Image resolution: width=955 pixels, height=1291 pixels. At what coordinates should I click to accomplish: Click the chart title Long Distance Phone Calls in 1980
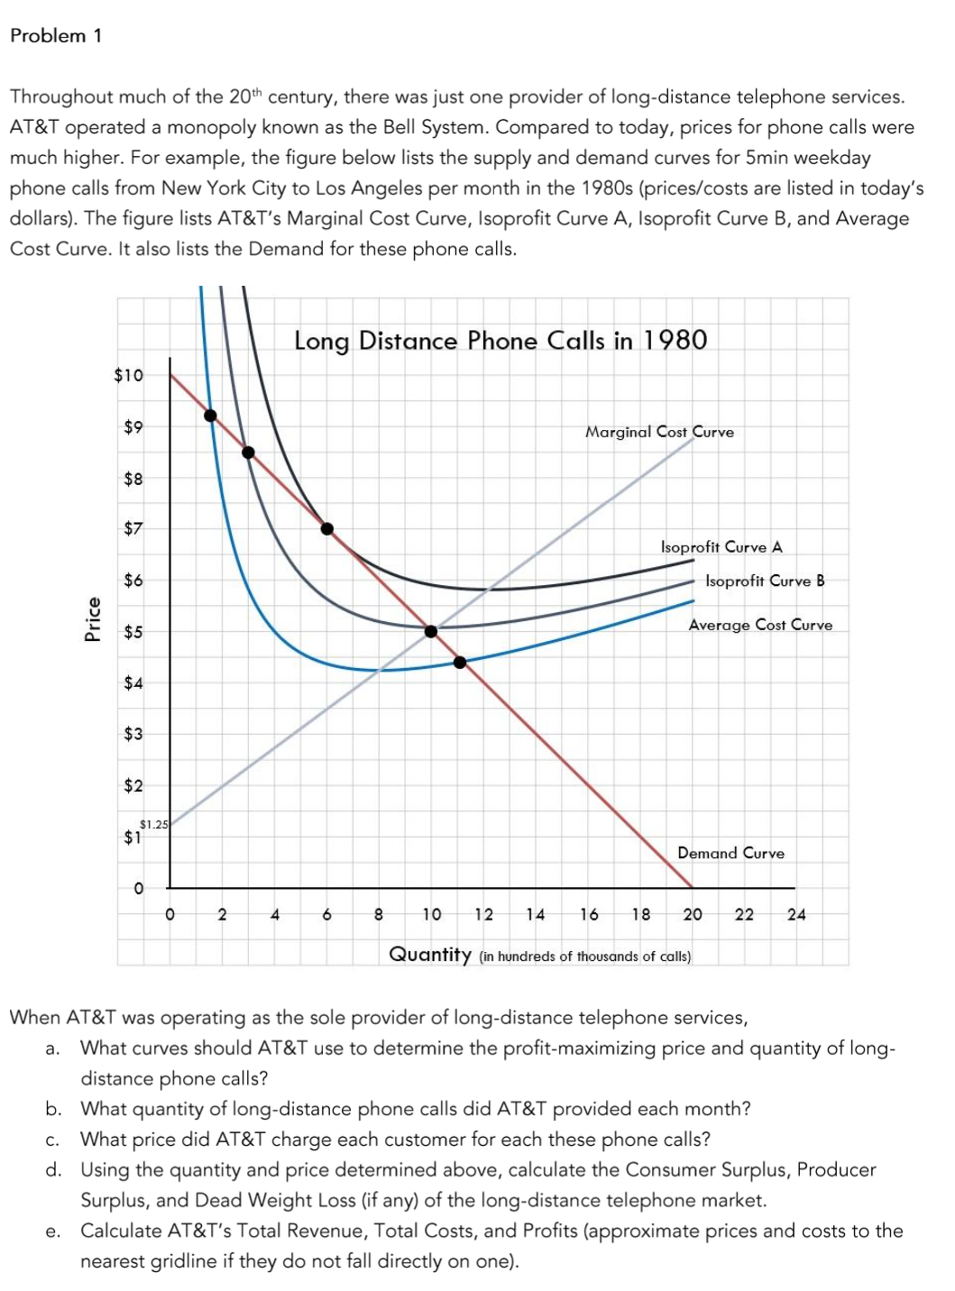pyautogui.click(x=500, y=341)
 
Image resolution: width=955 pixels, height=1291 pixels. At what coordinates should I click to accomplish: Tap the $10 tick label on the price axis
pyautogui.click(x=128, y=375)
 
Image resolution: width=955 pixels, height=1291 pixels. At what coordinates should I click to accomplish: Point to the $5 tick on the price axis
pyautogui.click(x=133, y=632)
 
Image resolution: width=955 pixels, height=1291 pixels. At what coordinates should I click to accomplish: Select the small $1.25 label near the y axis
pyautogui.click(x=154, y=824)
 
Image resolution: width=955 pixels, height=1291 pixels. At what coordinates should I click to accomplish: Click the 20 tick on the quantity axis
pyautogui.click(x=693, y=914)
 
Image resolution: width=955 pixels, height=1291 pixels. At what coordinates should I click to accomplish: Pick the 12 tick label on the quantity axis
pyautogui.click(x=484, y=914)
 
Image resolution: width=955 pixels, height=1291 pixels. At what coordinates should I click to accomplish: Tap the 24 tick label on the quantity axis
pyautogui.click(x=796, y=914)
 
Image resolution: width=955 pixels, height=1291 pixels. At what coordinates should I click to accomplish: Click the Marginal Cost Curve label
pyautogui.click(x=659, y=432)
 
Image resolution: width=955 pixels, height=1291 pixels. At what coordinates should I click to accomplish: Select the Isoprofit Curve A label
pyautogui.click(x=721, y=547)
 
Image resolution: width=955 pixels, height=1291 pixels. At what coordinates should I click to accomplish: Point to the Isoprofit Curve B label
pyautogui.click(x=765, y=581)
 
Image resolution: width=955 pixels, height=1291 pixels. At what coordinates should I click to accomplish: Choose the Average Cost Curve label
pyautogui.click(x=760, y=625)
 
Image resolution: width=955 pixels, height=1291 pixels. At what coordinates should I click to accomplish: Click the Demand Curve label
pyautogui.click(x=730, y=853)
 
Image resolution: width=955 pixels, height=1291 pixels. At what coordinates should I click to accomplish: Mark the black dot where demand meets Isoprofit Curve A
pyautogui.click(x=327, y=528)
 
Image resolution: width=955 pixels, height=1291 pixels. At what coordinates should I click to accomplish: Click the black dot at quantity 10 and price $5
pyautogui.click(x=431, y=631)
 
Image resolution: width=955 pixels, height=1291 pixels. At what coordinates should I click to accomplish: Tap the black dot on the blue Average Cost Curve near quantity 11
pyautogui.click(x=460, y=663)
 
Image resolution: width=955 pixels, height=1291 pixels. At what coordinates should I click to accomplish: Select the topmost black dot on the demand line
pyautogui.click(x=210, y=416)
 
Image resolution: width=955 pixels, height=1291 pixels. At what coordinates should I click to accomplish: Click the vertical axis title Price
pyautogui.click(x=91, y=619)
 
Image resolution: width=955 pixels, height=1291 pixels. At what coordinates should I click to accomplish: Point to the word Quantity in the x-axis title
pyautogui.click(x=430, y=954)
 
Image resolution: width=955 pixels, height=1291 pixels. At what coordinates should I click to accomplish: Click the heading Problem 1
pyautogui.click(x=56, y=36)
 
